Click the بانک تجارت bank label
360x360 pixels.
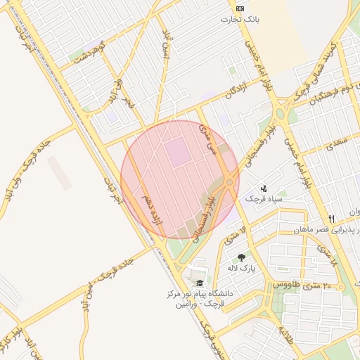241,19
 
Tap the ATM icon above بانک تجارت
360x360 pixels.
241,8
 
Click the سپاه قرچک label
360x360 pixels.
264,200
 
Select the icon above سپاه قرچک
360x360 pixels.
264,188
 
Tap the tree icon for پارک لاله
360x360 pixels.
242,257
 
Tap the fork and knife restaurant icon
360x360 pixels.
331,219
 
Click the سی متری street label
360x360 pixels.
208,137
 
